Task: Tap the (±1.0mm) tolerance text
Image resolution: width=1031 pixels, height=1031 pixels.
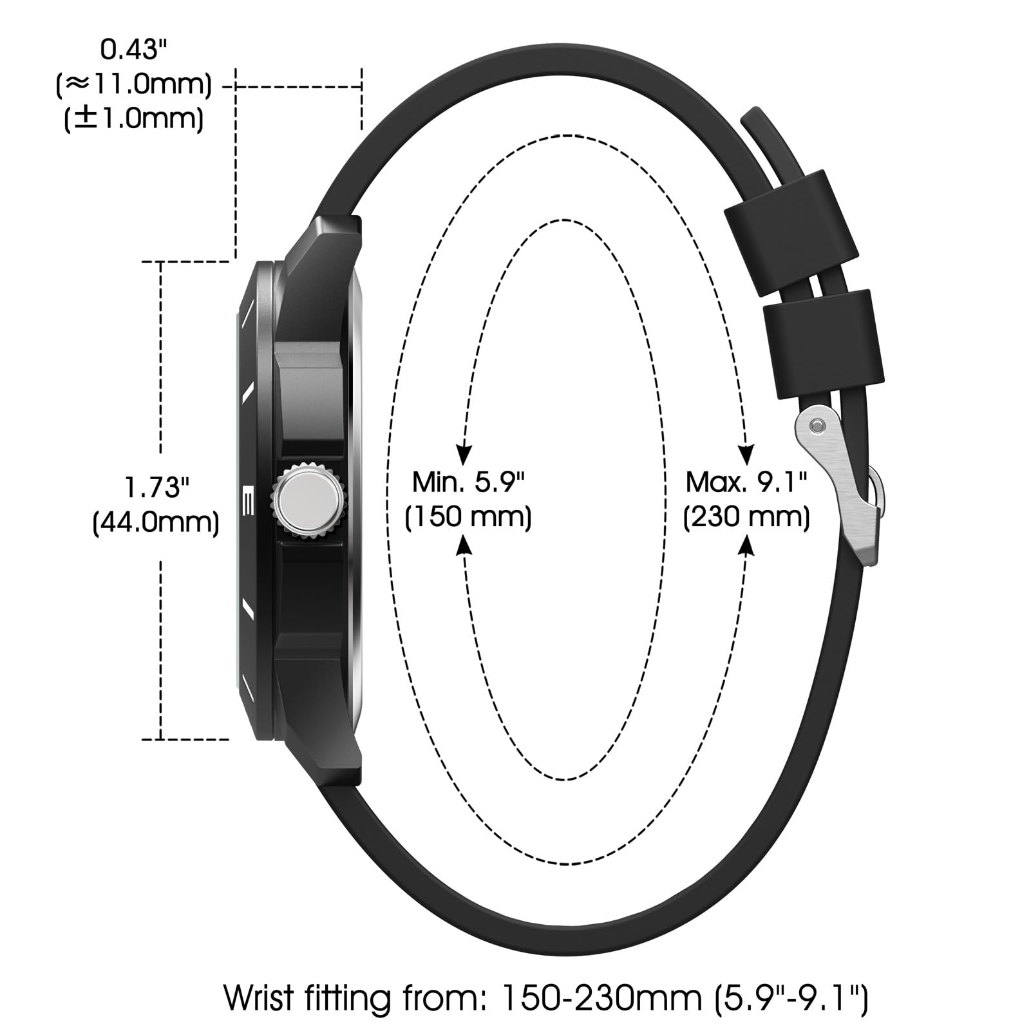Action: click(x=134, y=119)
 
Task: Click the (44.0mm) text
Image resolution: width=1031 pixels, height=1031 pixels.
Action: click(x=156, y=522)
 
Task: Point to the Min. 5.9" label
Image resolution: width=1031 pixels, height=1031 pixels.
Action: click(x=468, y=482)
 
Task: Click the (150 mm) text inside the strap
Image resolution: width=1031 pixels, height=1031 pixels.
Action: click(x=468, y=517)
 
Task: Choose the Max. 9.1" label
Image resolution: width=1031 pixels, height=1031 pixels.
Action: click(x=746, y=482)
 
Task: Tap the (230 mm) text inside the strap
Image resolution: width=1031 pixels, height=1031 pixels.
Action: click(x=746, y=517)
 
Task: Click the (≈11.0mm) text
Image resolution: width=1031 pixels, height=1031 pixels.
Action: click(x=134, y=85)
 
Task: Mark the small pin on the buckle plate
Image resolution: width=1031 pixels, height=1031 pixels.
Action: click(x=817, y=426)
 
